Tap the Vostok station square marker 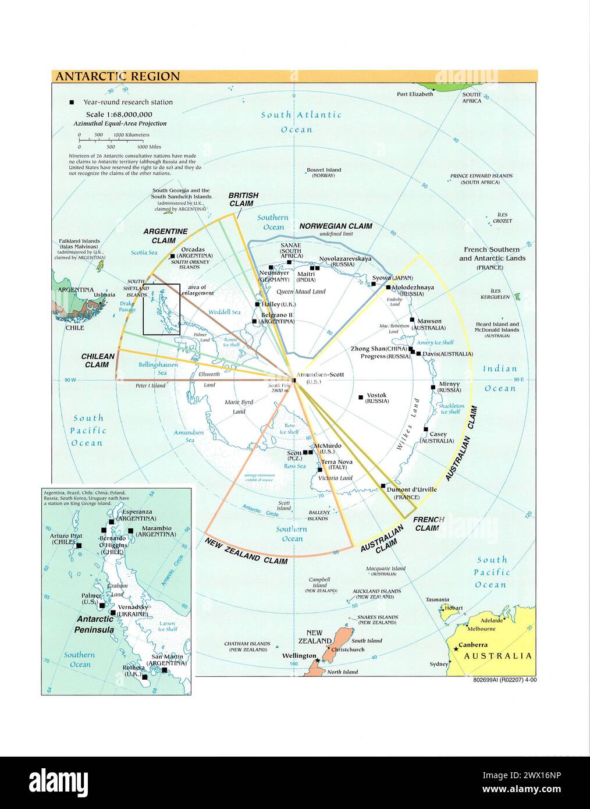(x=361, y=397)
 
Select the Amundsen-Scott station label (x=318, y=374)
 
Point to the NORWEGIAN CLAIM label (x=336, y=226)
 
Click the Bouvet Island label (x=324, y=170)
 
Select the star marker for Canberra (x=456, y=648)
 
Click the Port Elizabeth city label (x=415, y=94)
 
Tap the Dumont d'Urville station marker (x=383, y=485)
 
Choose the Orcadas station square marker (x=172, y=257)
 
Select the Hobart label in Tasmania (x=453, y=608)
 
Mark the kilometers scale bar (x=108, y=140)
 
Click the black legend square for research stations (x=72, y=102)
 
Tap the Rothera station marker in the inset (x=144, y=677)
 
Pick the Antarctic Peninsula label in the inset (x=95, y=625)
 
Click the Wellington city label (x=299, y=656)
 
